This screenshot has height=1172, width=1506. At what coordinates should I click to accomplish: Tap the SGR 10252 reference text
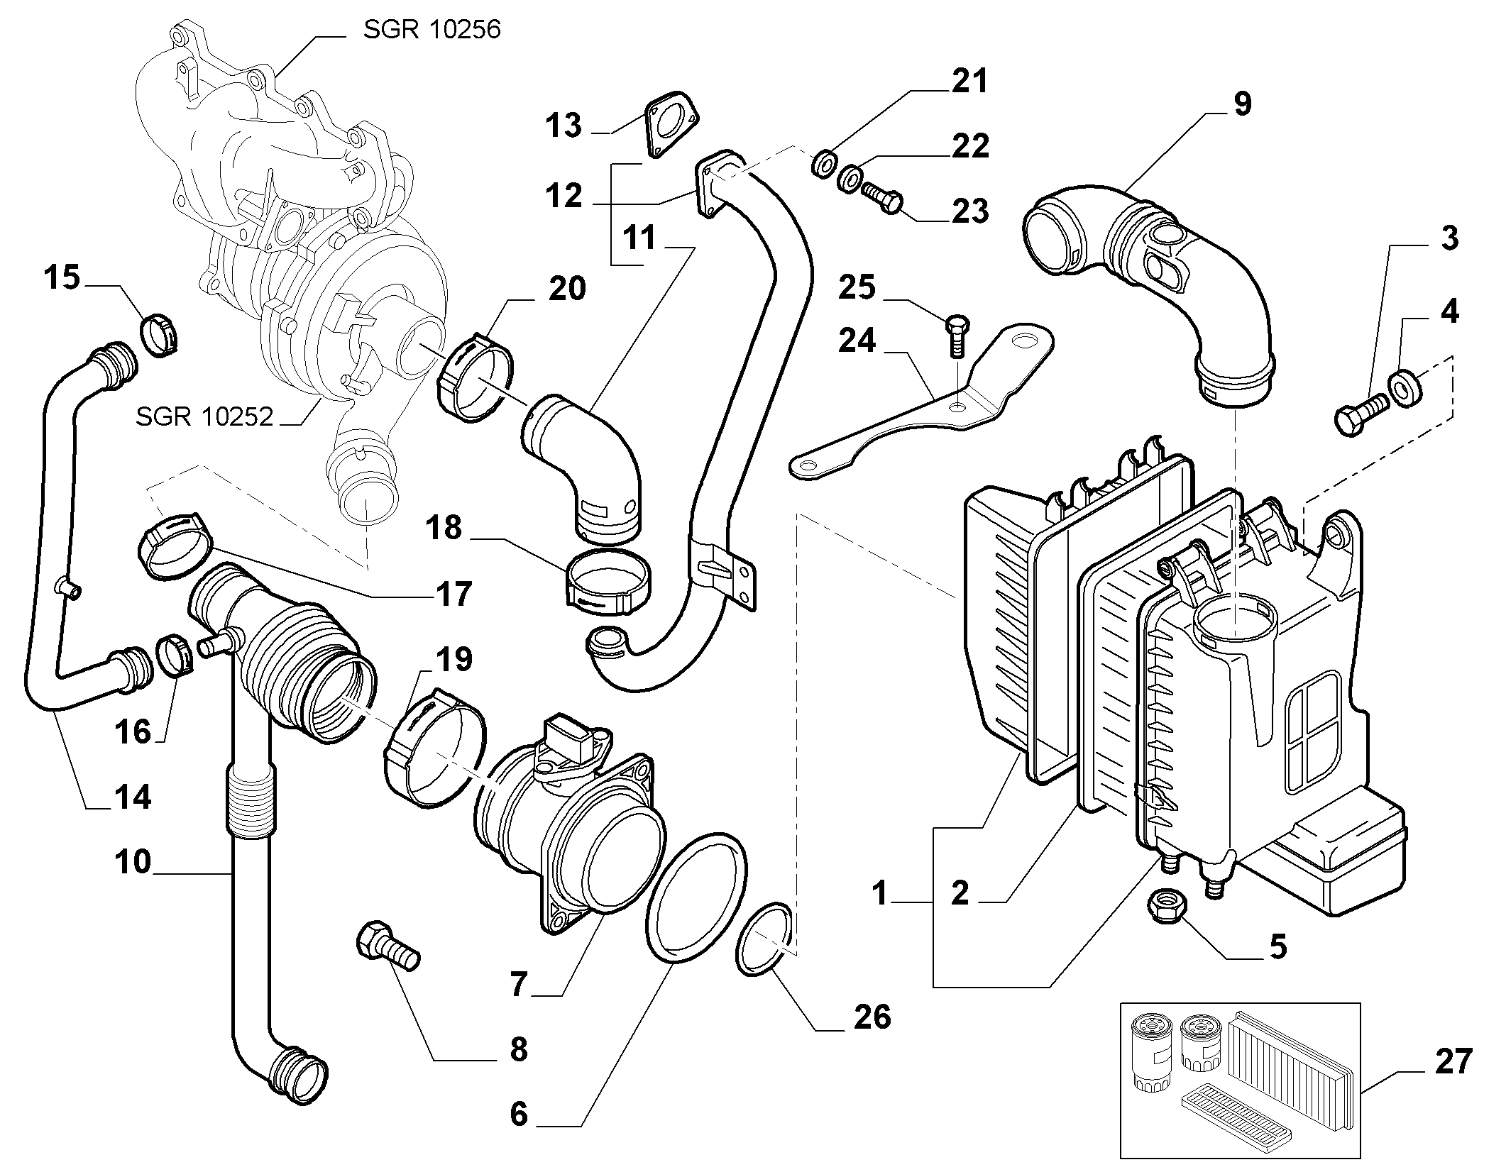point(204,416)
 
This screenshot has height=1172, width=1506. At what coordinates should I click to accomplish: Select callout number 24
point(857,341)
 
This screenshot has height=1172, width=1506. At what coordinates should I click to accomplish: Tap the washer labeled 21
point(823,165)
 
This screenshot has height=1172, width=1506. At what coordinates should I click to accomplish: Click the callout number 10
point(133,861)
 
